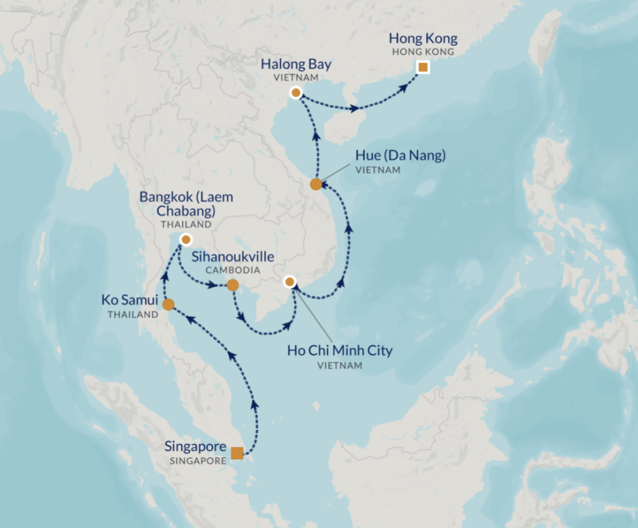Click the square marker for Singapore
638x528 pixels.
point(237,453)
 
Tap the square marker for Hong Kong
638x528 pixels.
point(422,67)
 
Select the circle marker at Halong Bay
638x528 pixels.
point(295,93)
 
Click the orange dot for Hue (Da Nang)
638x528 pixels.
point(316,184)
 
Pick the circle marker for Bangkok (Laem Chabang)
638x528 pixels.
point(185,240)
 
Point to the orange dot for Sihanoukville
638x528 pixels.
point(233,285)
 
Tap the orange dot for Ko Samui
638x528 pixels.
point(168,305)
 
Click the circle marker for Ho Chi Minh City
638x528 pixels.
point(290,281)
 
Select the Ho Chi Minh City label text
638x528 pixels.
point(339,351)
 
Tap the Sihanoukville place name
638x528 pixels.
point(234,256)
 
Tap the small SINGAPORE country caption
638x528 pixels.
point(198,460)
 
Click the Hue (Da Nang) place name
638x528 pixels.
point(400,155)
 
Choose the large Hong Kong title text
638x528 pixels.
point(422,39)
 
